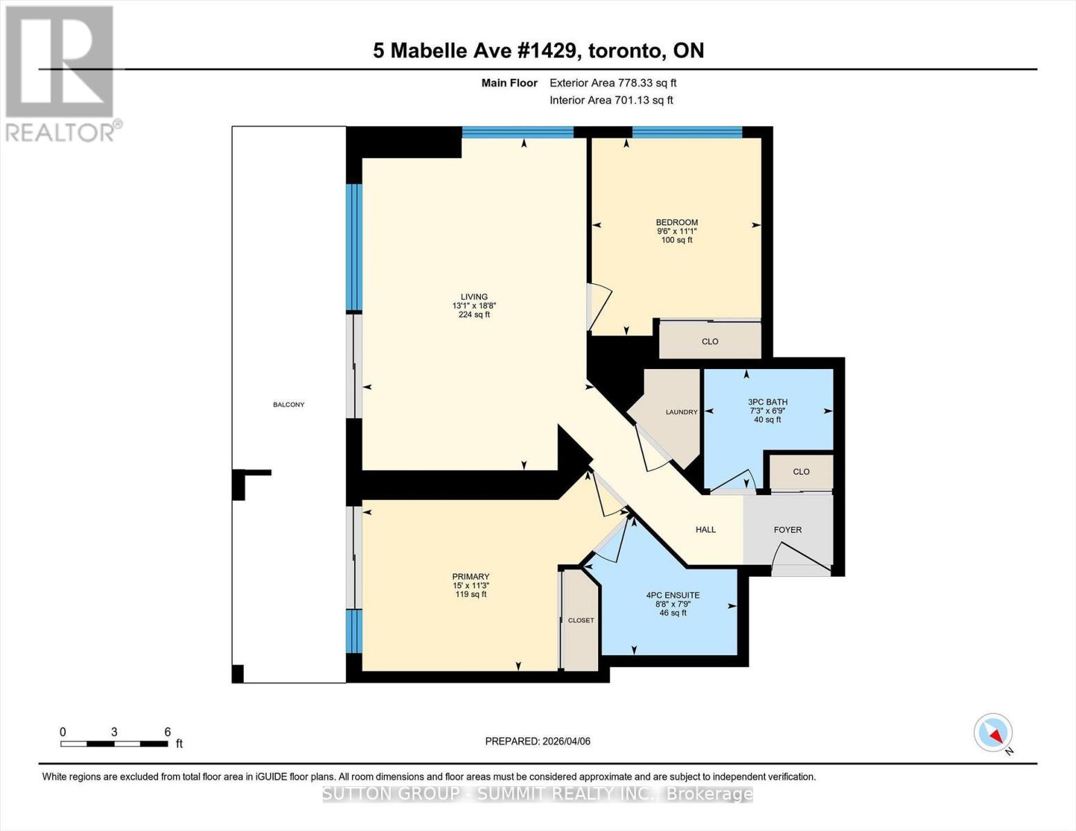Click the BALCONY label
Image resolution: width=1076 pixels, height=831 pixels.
click(288, 404)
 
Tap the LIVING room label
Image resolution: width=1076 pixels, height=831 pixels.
click(474, 297)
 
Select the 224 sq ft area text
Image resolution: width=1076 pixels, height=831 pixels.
click(474, 314)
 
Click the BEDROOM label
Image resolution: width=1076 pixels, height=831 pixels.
click(676, 222)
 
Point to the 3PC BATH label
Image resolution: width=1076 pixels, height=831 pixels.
click(767, 402)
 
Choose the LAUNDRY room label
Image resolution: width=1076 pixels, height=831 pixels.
click(681, 412)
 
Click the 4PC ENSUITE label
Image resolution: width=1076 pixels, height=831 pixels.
click(672, 595)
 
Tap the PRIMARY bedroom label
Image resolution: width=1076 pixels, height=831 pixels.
click(470, 577)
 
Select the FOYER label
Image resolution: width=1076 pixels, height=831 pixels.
click(787, 530)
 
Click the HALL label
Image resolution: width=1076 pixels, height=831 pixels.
click(705, 530)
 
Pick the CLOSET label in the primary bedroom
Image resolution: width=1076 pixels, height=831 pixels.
click(581, 620)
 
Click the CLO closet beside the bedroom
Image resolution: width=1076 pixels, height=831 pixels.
click(709, 341)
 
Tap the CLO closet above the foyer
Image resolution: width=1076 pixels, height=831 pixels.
click(801, 472)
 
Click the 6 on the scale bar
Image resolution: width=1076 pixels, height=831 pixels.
click(167, 732)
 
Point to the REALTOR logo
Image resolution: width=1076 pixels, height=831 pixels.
click(61, 73)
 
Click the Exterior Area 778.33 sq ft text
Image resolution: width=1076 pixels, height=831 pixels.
click(612, 83)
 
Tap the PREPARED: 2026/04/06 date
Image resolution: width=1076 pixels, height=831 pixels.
click(537, 741)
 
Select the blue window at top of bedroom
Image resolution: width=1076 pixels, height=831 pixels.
click(687, 132)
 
